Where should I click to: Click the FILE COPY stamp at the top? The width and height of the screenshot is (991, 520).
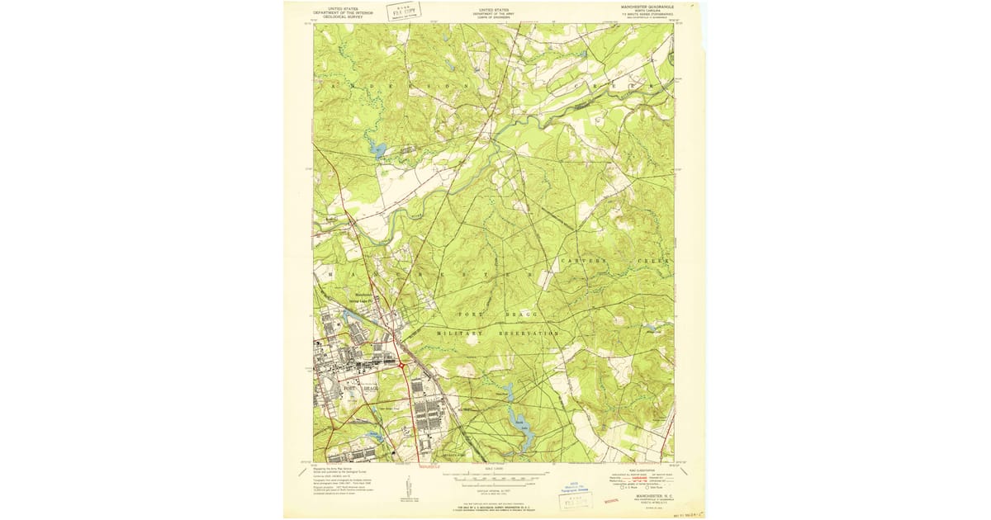coord(405,12)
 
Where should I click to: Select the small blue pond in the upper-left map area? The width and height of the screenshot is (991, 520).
coord(378,149)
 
